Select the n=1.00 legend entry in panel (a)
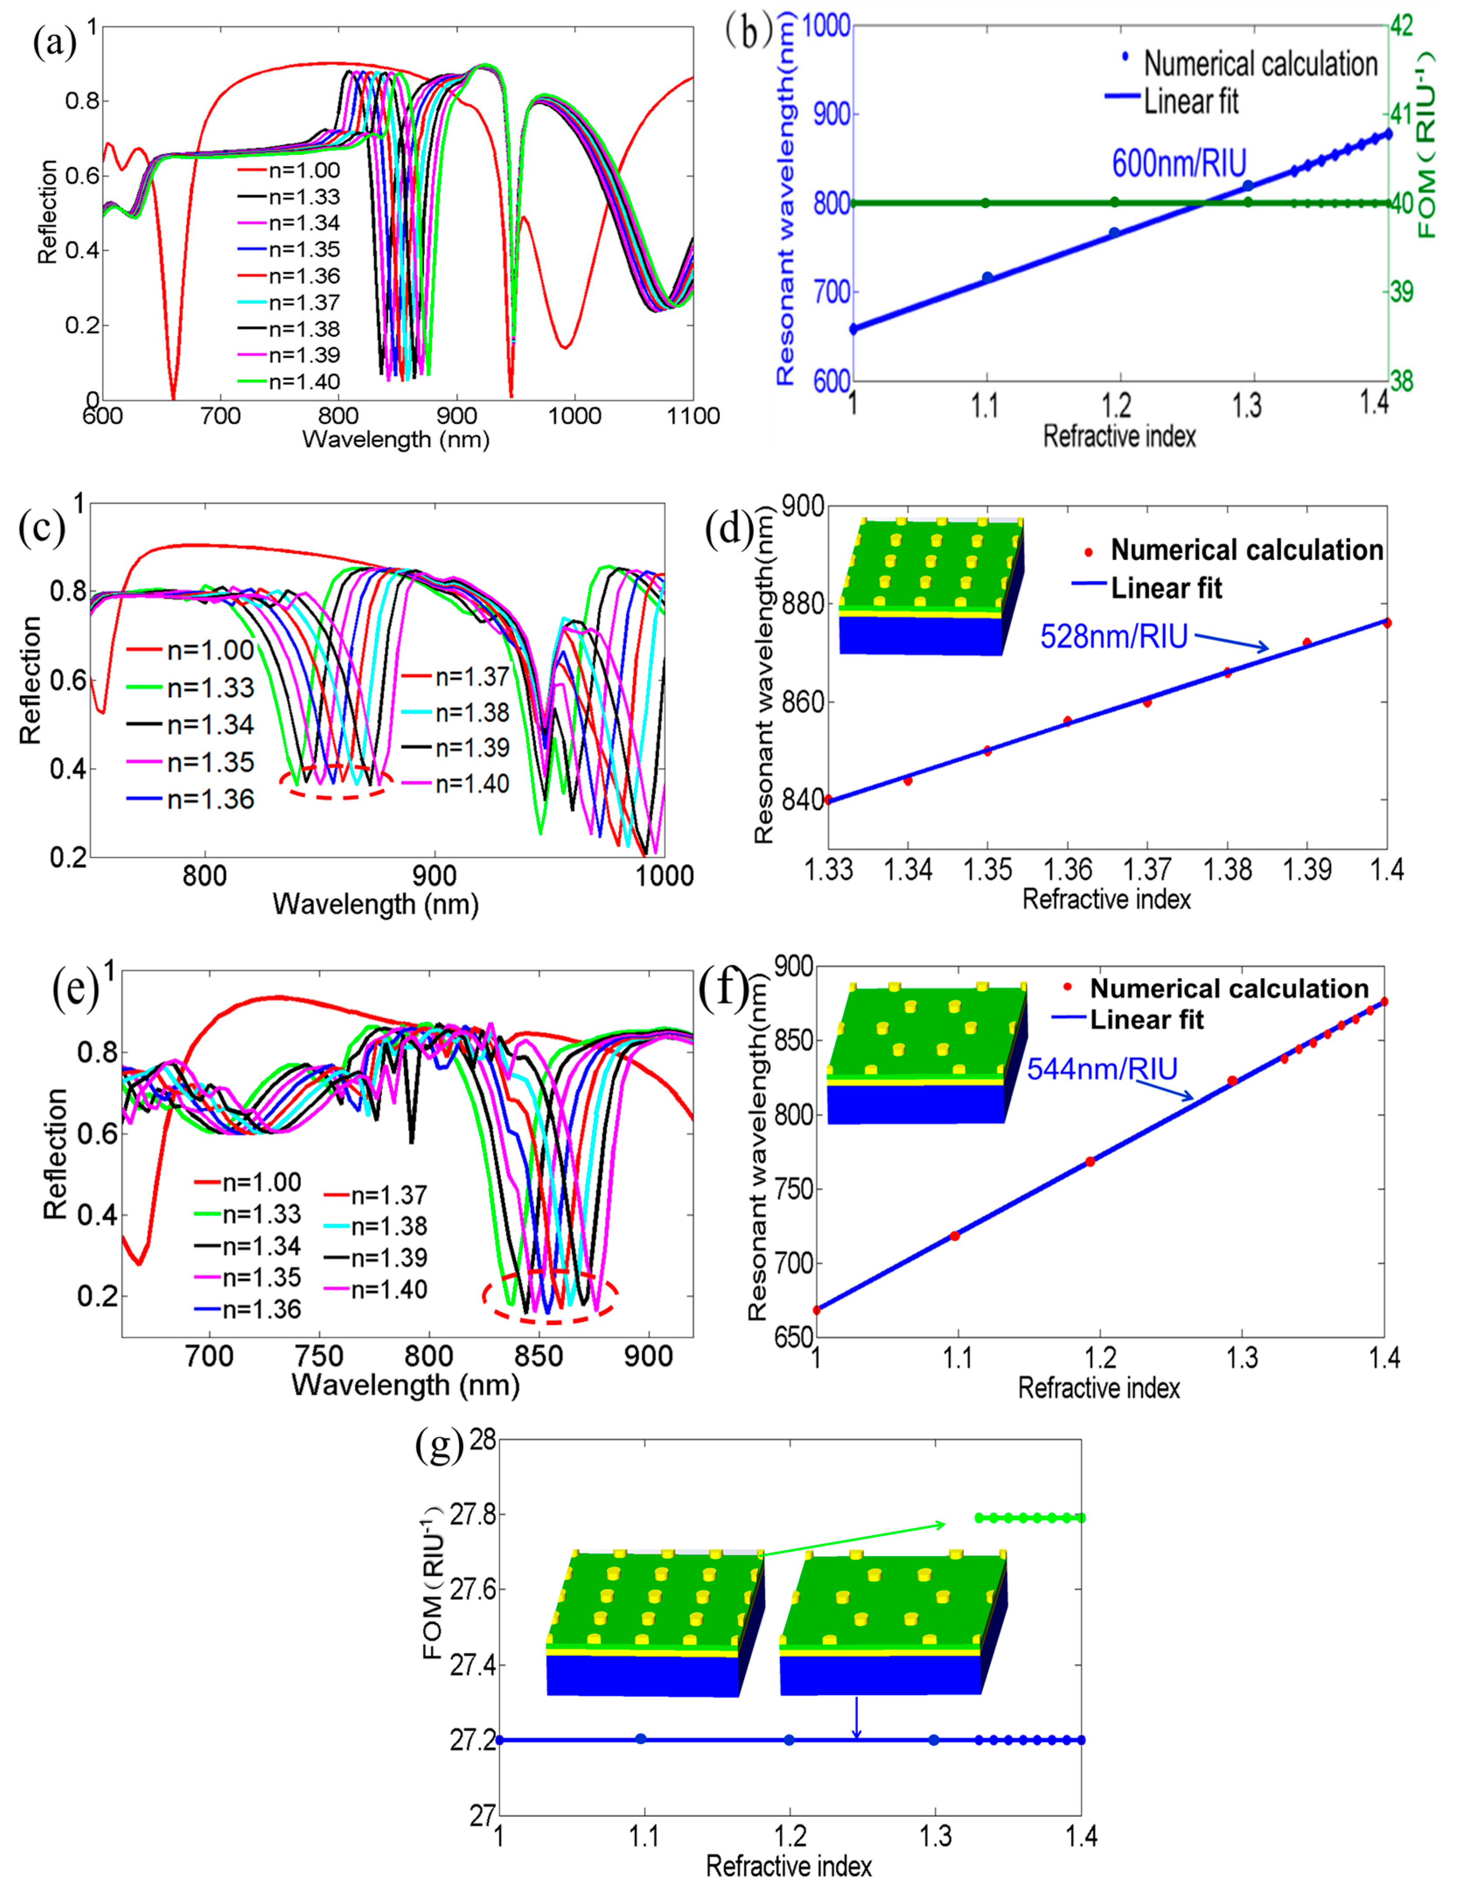[x=289, y=171]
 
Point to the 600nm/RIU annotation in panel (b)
[x=1179, y=163]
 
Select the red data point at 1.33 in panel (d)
[x=829, y=800]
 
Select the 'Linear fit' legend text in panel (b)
[x=1191, y=101]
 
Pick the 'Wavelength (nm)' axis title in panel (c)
[x=376, y=904]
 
